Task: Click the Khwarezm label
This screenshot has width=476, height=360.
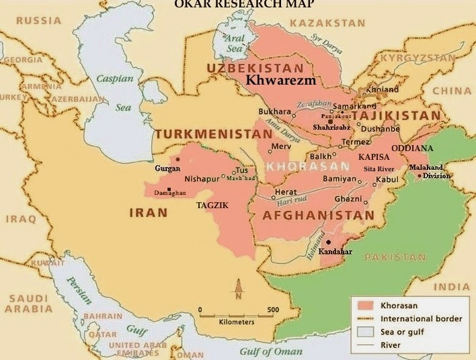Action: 281,80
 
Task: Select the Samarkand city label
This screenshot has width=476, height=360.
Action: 354,106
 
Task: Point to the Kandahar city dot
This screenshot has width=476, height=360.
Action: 328,242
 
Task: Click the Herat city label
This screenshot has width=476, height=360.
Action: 285,192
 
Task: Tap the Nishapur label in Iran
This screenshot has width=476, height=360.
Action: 202,179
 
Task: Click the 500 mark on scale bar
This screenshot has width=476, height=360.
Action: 273,310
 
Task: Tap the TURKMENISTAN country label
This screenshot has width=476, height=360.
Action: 214,134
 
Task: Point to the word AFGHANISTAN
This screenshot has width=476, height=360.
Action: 318,215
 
